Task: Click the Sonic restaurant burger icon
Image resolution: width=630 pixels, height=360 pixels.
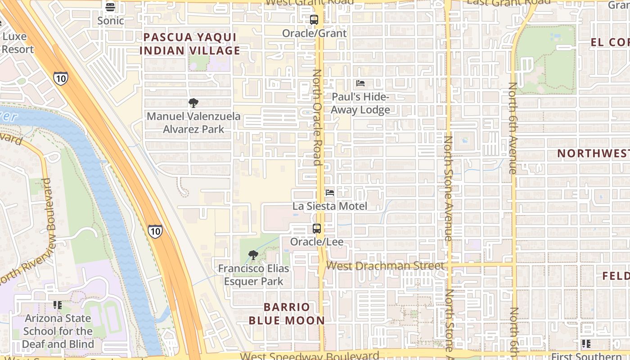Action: point(110,7)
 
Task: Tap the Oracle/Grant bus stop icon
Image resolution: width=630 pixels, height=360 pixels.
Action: point(314,20)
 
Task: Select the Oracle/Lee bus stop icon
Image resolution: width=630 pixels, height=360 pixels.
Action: point(317,229)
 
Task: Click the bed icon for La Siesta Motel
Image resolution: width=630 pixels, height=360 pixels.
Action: point(330,193)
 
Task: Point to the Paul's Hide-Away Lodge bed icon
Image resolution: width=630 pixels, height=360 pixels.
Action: point(360,83)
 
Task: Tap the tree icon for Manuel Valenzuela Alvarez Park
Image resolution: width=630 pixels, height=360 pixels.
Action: point(193,103)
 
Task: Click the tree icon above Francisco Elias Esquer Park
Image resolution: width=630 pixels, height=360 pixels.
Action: point(253,256)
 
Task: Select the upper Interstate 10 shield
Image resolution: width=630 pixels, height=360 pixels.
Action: point(60,78)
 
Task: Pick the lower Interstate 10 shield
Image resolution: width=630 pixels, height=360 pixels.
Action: point(155,231)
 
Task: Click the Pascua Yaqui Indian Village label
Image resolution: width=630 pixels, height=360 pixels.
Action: point(190,44)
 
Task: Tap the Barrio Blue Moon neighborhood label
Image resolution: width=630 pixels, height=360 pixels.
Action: point(287,314)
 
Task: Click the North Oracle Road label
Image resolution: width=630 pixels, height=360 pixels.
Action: point(317,117)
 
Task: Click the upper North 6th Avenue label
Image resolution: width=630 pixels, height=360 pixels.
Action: point(513,128)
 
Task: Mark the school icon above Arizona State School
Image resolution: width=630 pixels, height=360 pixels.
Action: point(57,305)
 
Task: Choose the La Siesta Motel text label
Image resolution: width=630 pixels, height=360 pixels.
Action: point(330,206)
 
